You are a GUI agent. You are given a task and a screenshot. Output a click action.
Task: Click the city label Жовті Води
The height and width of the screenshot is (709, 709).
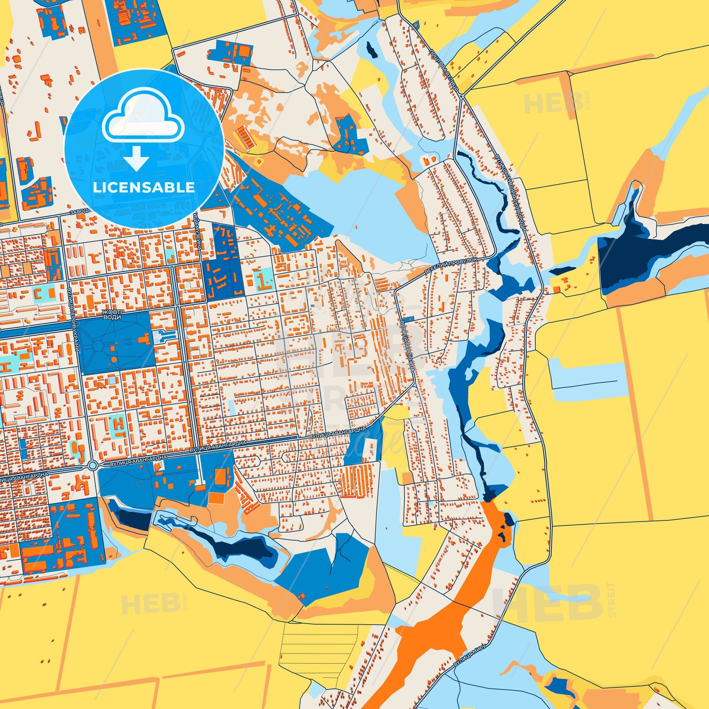pyautogui.click(x=111, y=314)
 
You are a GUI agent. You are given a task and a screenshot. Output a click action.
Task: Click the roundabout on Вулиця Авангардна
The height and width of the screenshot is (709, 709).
pyautogui.click(x=93, y=465)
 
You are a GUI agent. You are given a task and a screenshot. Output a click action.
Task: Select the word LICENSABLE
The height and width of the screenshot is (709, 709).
pyautogui.click(x=144, y=187)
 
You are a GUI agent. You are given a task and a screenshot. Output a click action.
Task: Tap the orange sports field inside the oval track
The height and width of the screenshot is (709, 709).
pyautogui.click(x=221, y=476)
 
